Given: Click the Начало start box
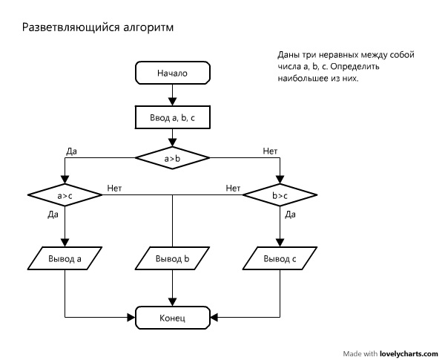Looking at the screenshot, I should [172, 73].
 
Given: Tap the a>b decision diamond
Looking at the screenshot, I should [172, 157].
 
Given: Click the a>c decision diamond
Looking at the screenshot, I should [65, 195].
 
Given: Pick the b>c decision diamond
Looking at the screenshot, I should [280, 195].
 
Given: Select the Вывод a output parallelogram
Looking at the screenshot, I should [65, 259].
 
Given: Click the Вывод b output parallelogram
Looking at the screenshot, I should [172, 259].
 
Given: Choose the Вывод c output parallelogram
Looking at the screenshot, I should [280, 259].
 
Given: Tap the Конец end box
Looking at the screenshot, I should [172, 318].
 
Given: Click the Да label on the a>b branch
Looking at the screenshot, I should [72, 151].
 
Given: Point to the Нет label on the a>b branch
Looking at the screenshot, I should [270, 151].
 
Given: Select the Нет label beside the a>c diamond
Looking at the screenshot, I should [114, 188].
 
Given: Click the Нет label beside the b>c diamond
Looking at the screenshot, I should [233, 188].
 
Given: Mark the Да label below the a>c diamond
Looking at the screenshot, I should [53, 215].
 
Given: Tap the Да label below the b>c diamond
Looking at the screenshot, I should [291, 215].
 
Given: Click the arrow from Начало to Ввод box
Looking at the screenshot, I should [172, 94].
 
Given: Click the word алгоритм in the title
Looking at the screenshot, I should [151, 27].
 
